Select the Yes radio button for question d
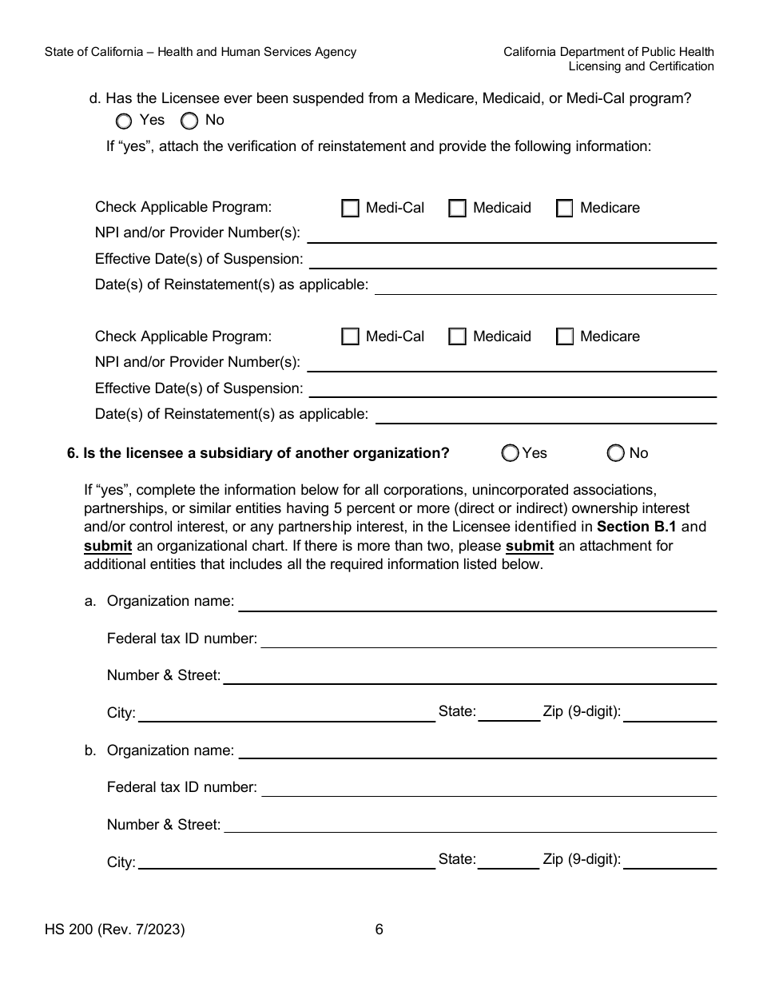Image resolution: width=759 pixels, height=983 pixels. (x=124, y=121)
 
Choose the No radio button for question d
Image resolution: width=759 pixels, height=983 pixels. (x=189, y=121)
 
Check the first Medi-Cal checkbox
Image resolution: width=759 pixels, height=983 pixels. (x=350, y=209)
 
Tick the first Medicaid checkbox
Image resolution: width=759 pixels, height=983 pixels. (x=457, y=209)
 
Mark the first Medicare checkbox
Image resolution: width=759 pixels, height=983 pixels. (x=564, y=209)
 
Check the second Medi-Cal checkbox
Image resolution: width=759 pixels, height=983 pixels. (x=350, y=336)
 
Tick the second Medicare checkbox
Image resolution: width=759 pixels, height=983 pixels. (x=564, y=336)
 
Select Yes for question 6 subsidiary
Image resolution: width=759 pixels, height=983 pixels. (x=510, y=453)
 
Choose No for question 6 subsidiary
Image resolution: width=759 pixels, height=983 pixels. (x=615, y=453)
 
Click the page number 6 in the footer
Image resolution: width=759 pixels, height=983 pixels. (x=379, y=929)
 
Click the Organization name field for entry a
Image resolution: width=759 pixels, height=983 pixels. (x=477, y=602)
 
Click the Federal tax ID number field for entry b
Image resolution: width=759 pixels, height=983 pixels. (x=488, y=788)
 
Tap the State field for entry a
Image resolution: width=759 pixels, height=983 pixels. (x=509, y=713)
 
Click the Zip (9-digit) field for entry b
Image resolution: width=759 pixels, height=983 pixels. (x=670, y=861)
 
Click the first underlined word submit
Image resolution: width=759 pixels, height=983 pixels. (x=108, y=546)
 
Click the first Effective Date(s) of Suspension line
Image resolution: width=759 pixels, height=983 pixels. (x=512, y=261)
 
